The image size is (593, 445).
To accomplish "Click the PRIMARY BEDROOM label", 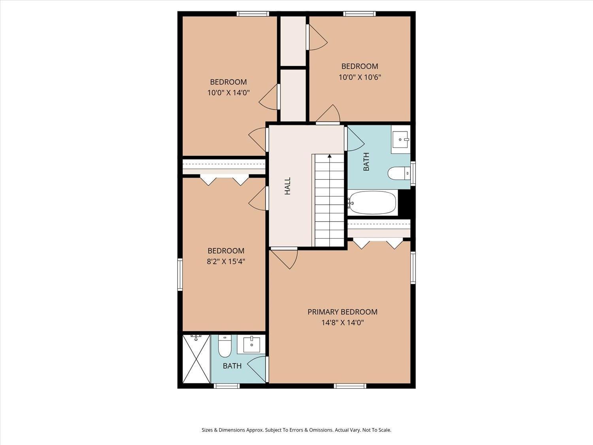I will [x=342, y=312].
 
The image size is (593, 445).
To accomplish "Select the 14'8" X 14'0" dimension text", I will [x=342, y=323].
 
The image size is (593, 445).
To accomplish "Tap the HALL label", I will [x=287, y=186].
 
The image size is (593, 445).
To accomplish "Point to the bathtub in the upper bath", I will [x=372, y=203].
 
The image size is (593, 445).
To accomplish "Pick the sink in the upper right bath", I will [x=400, y=140].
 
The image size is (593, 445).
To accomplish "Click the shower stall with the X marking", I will [x=196, y=359].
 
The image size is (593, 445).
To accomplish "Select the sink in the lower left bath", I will [x=251, y=344].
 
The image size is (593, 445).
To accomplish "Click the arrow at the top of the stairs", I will [x=329, y=156].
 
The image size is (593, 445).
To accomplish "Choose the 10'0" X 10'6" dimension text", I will [x=359, y=77].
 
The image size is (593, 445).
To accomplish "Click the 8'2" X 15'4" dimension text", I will [x=226, y=261].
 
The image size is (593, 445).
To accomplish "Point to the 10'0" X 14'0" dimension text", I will [x=228, y=93].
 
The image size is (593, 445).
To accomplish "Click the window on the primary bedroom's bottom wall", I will [x=350, y=386].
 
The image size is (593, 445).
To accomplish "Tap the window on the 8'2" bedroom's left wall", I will [x=180, y=275].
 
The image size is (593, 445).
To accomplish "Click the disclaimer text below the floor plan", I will [x=296, y=430].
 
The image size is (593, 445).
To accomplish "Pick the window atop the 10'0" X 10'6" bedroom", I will [x=359, y=14].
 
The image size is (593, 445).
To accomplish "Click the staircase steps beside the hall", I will [x=329, y=202].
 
